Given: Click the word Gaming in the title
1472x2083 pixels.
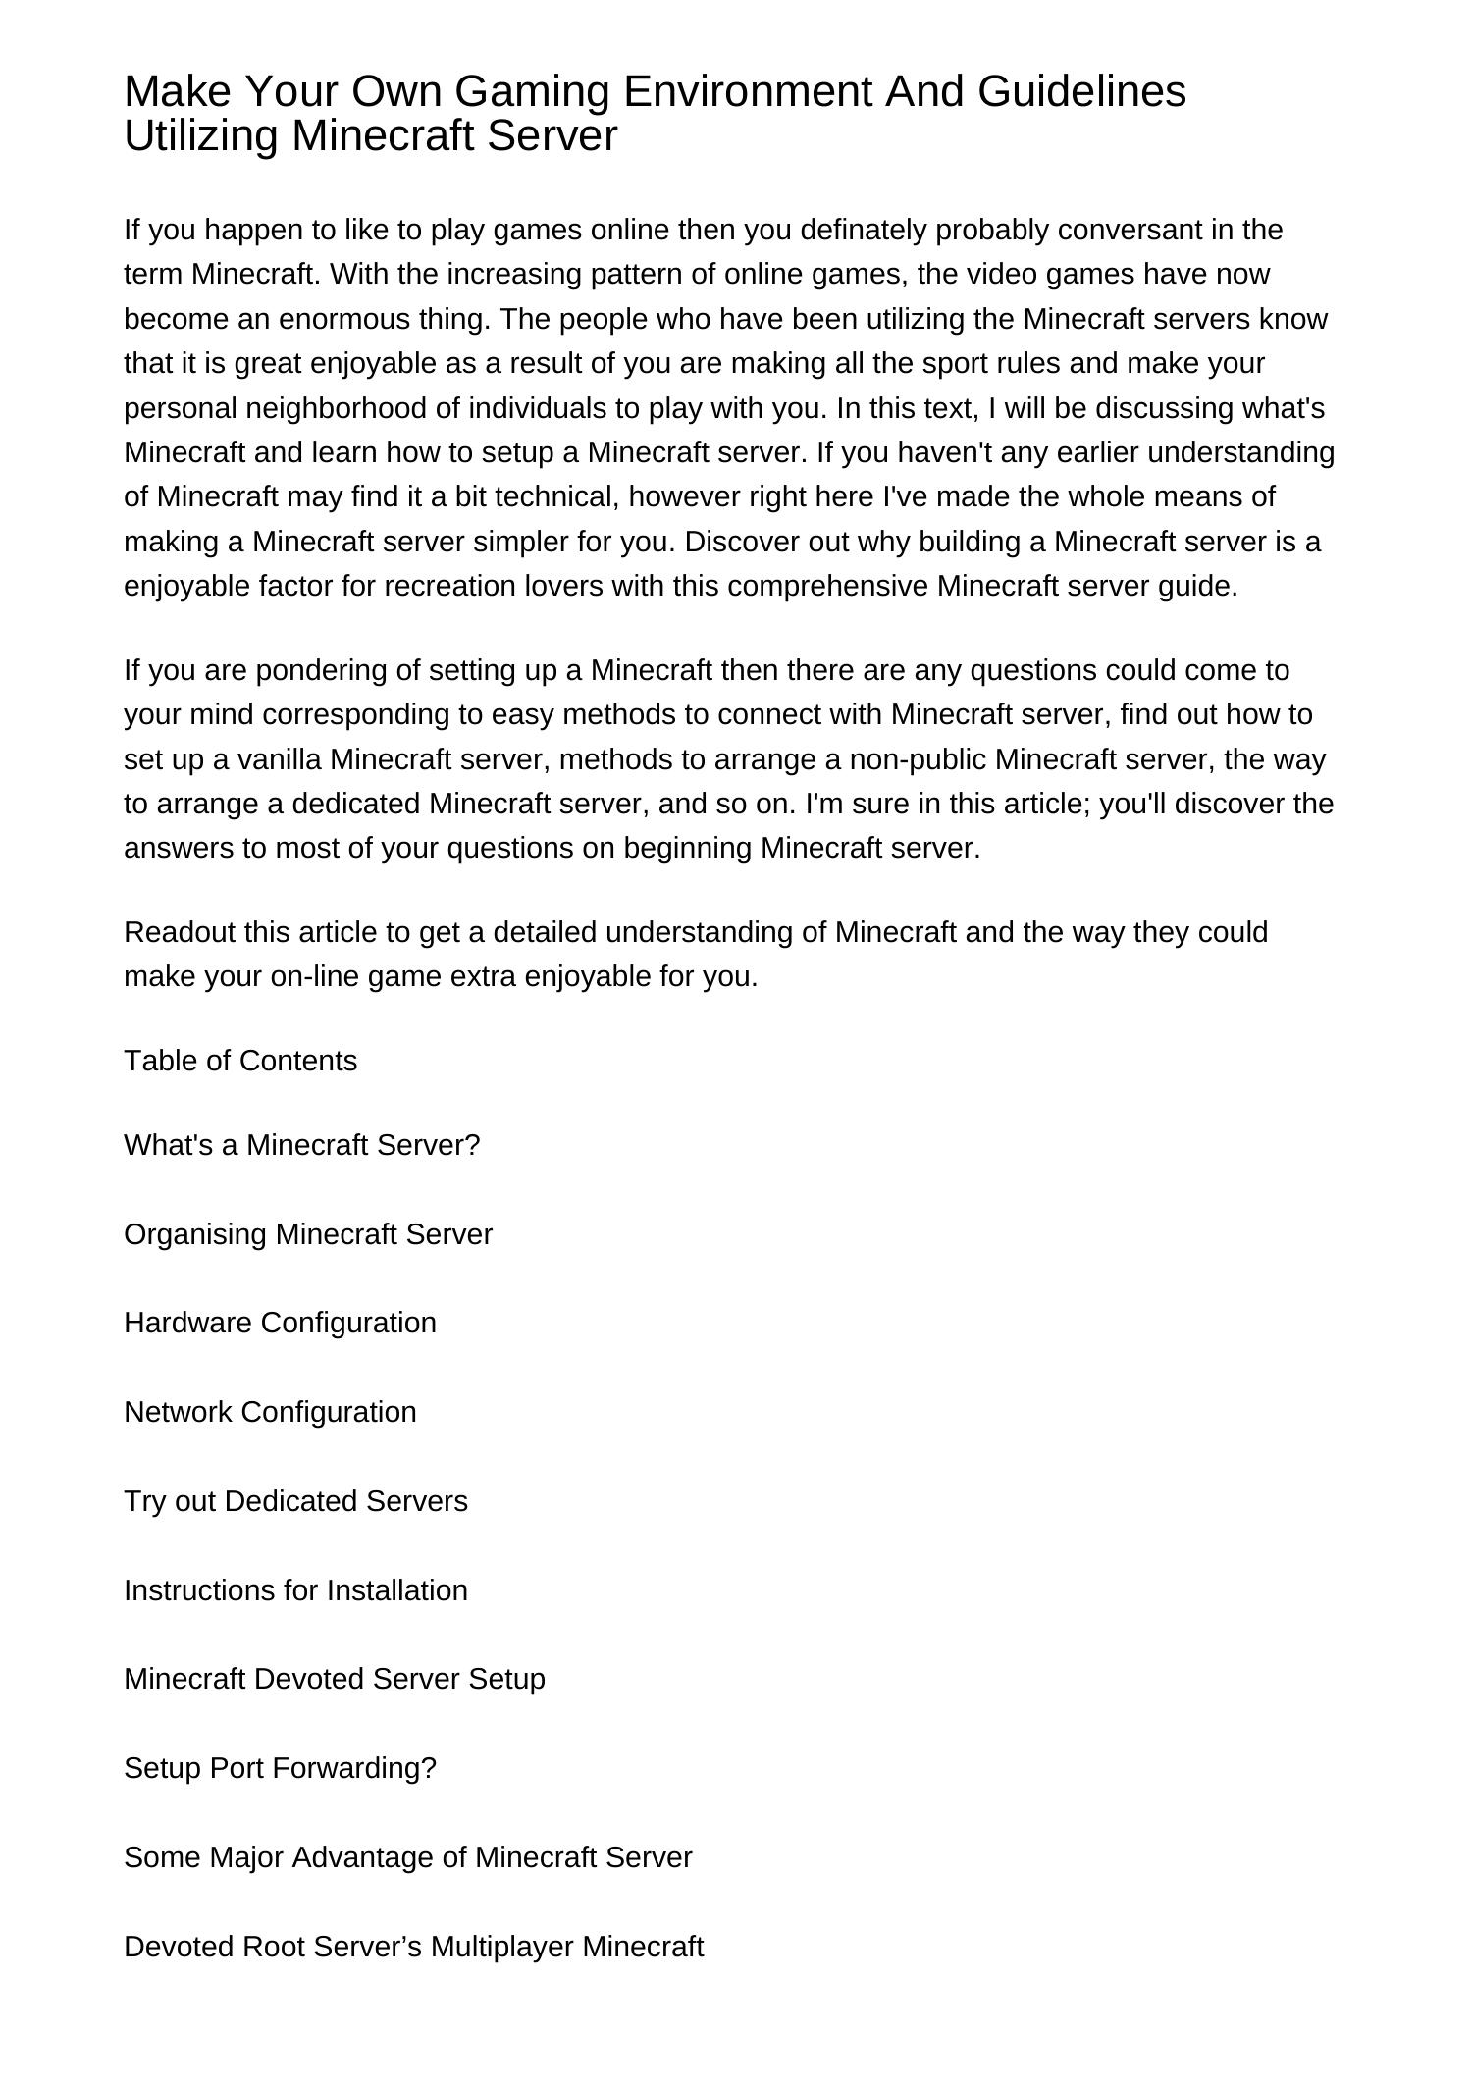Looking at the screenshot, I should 533,91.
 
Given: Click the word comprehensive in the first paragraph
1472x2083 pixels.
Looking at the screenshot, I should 828,586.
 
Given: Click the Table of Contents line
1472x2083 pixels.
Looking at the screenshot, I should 240,1061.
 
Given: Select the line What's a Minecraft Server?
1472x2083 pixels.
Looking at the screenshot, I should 301,1145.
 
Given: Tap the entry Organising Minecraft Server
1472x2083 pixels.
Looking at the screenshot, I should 307,1233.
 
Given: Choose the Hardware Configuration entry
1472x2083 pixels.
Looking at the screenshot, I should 280,1323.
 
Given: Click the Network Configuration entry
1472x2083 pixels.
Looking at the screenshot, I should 270,1412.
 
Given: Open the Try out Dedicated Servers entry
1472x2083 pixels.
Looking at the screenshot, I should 295,1501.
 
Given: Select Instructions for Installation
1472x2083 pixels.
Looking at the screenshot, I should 295,1589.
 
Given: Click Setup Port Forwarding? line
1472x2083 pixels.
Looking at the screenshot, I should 280,1768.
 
